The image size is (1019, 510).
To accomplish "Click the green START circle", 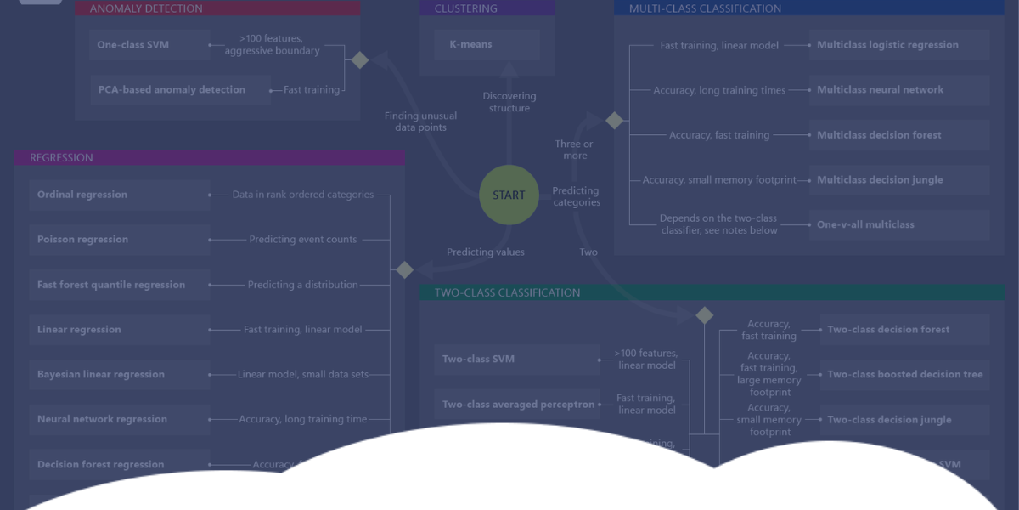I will tap(509, 195).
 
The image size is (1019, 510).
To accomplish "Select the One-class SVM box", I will tap(149, 45).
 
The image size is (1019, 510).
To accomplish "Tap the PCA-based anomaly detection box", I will tap(179, 90).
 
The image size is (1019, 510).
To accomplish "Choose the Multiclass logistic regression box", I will tap(898, 45).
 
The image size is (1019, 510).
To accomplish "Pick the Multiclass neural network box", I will tap(898, 90).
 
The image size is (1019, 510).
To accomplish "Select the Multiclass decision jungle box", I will tap(898, 180).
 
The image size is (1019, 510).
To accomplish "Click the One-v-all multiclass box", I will tap(898, 225).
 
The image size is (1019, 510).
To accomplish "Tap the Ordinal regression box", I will tap(119, 195).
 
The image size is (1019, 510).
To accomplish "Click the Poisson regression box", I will tap(119, 240).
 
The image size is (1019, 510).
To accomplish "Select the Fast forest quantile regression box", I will tap(119, 285).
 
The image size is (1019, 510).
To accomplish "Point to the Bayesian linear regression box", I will tap(119, 375).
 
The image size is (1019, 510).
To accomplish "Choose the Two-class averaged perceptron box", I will tap(517, 405).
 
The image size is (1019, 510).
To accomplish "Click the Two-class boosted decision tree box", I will tap(904, 375).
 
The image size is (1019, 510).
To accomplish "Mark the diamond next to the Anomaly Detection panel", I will tap(360, 60).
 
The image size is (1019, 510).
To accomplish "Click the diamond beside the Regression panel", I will tap(405, 270).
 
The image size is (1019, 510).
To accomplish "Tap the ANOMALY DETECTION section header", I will tap(217, 8).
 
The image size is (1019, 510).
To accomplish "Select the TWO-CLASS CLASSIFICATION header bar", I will tap(712, 292).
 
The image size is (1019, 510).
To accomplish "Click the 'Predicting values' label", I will tap(486, 252).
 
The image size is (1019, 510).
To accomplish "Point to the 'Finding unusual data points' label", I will tap(420, 122).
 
